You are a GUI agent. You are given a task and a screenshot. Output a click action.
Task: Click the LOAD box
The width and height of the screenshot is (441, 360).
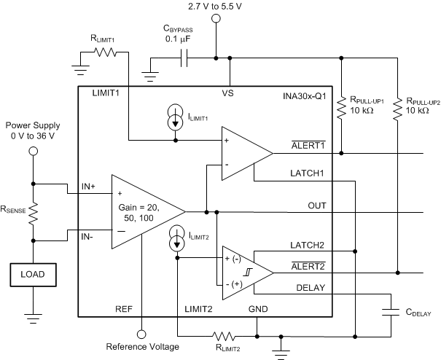33,275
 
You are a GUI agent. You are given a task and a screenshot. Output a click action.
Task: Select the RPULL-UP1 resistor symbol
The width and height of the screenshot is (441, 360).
341,110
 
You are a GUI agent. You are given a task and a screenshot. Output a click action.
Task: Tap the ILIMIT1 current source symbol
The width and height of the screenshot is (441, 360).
176,121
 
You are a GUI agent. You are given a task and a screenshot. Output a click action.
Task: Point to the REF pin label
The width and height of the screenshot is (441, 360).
124,309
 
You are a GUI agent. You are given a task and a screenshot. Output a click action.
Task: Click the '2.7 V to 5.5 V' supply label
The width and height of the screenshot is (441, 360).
216,7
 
